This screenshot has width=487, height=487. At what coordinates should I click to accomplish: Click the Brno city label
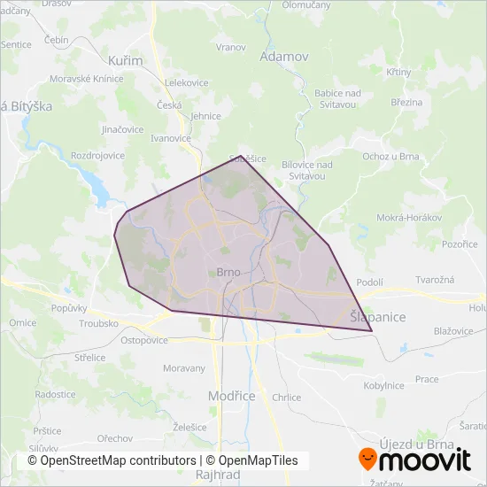pyautogui.click(x=229, y=273)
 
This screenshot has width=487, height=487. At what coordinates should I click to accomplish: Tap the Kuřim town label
pyautogui.click(x=119, y=61)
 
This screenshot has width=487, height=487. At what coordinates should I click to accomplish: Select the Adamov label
pyautogui.click(x=284, y=57)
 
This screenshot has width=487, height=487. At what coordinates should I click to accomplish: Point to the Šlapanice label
pyautogui.click(x=377, y=316)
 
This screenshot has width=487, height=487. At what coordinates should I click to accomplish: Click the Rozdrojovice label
pyautogui.click(x=97, y=155)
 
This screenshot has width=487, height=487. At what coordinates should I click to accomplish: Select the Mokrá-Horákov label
pyautogui.click(x=408, y=217)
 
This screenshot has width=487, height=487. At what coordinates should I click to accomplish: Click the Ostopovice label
pyautogui.click(x=144, y=340)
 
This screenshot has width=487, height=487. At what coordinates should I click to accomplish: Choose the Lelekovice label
pyautogui.click(x=187, y=82)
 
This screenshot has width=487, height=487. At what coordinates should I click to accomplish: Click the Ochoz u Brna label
pyautogui.click(x=390, y=156)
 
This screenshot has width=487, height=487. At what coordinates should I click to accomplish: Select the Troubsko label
pyautogui.click(x=98, y=324)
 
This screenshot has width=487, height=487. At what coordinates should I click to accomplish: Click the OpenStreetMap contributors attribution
pyautogui.click(x=112, y=460)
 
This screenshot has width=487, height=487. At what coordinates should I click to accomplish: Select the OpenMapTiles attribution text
pyautogui.click(x=252, y=460)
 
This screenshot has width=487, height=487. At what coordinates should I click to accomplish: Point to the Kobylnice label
pyautogui.click(x=383, y=385)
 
